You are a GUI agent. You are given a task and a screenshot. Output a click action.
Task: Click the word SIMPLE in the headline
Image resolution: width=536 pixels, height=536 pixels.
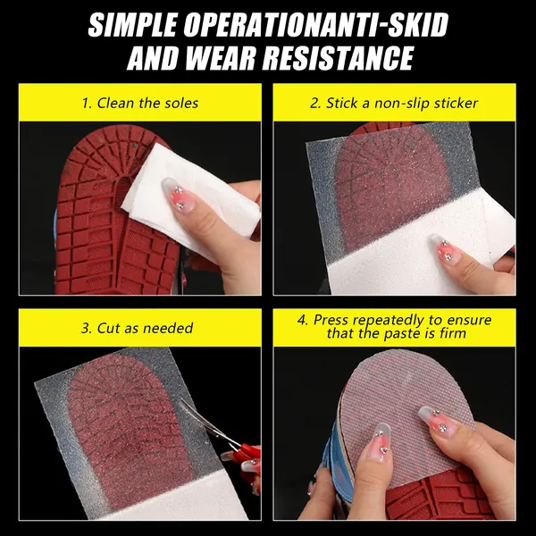[x=132, y=25]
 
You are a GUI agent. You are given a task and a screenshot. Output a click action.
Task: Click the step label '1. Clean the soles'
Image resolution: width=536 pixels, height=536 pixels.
[x=140, y=104]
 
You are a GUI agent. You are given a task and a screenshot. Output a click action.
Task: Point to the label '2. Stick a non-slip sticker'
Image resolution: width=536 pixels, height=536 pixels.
[x=394, y=104]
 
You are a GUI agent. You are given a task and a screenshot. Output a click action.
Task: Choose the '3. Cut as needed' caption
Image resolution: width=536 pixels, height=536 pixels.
[x=138, y=328]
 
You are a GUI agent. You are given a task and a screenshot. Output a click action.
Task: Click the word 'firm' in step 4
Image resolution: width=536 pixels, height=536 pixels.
[x=453, y=333]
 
